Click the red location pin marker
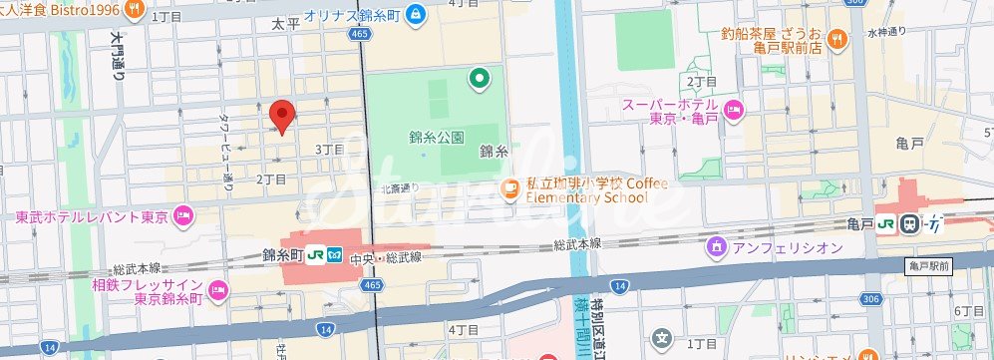click(x=282, y=116)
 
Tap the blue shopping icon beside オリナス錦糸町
click(x=416, y=16)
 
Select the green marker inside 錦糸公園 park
click(x=480, y=76)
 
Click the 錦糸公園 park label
click(x=437, y=137)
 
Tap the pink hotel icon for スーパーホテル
click(x=734, y=110)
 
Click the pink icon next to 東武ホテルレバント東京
click(x=182, y=214)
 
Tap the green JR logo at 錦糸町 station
click(x=314, y=255)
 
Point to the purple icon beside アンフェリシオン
click(x=715, y=246)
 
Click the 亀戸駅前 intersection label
click(x=931, y=266)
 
